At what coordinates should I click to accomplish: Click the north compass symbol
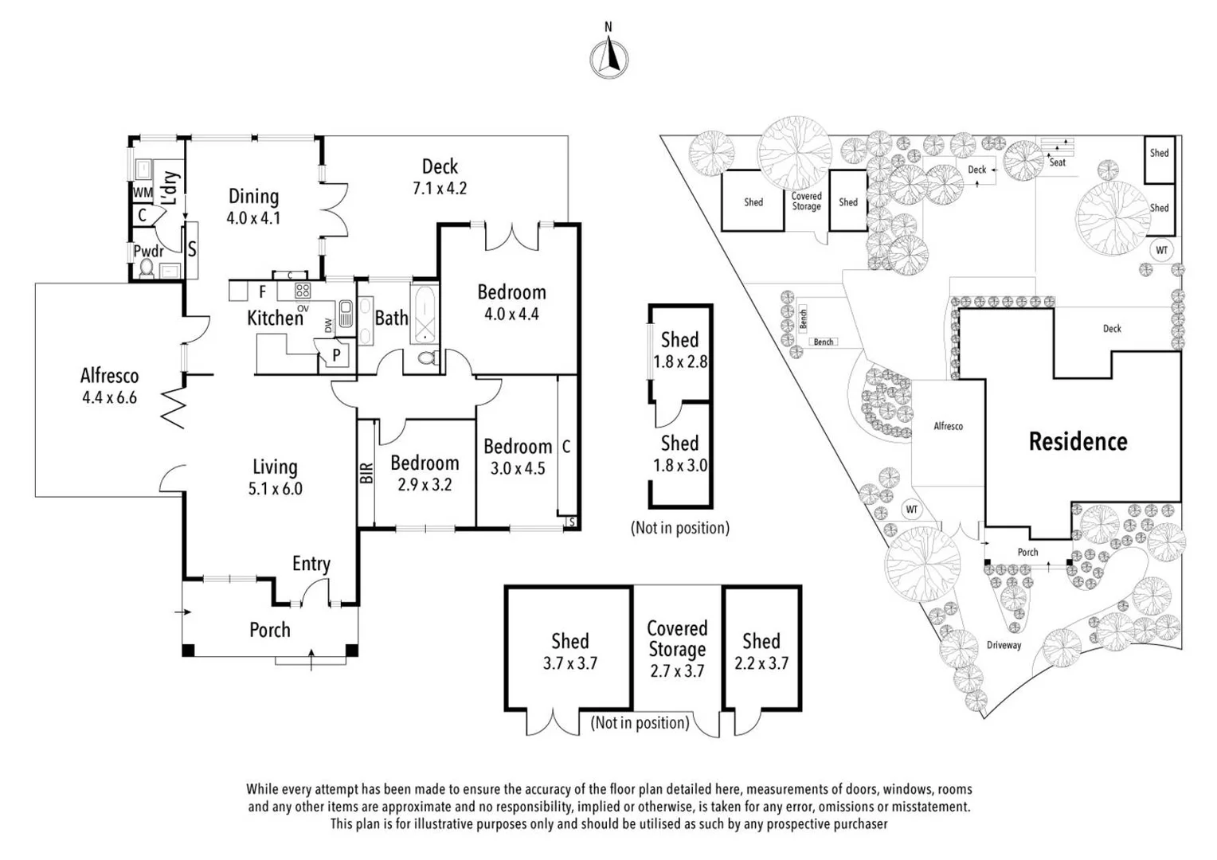pyautogui.click(x=608, y=58)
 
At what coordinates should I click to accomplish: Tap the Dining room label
pyautogui.click(x=253, y=197)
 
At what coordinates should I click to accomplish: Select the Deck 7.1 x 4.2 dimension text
pyautogui.click(x=440, y=189)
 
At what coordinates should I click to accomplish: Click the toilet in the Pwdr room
pyautogui.click(x=147, y=269)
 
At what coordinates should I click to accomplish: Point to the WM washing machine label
pyautogui.click(x=143, y=193)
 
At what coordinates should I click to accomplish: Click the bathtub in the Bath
pyautogui.click(x=424, y=315)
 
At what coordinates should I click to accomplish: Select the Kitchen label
pyautogui.click(x=275, y=319)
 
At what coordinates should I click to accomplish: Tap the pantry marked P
pyautogui.click(x=336, y=355)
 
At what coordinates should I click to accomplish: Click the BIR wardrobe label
pyautogui.click(x=366, y=473)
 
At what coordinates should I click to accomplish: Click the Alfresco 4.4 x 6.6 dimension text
pyautogui.click(x=109, y=397)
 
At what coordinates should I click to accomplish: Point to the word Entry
pyautogui.click(x=311, y=564)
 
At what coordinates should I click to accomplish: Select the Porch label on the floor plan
pyautogui.click(x=269, y=630)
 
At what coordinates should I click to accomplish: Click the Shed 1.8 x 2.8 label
pyautogui.click(x=679, y=350)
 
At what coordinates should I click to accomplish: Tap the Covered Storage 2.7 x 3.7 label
pyautogui.click(x=677, y=649)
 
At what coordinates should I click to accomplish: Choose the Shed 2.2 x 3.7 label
pyautogui.click(x=761, y=651)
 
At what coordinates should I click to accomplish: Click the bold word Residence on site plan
pyautogui.click(x=1078, y=442)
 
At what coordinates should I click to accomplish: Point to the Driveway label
pyautogui.click(x=1004, y=645)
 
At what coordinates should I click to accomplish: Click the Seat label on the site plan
pyautogui.click(x=1057, y=162)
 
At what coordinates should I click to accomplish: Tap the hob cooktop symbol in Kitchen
pyautogui.click(x=303, y=290)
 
